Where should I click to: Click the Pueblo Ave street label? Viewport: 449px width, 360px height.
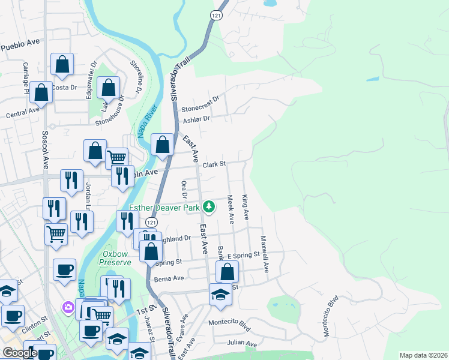(20, 44)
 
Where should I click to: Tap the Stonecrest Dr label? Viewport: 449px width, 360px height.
(201, 101)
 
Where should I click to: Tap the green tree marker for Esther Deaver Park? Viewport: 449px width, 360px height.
(208, 207)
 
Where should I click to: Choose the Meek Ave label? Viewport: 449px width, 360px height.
(231, 209)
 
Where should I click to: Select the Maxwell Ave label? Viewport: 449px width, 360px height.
(264, 253)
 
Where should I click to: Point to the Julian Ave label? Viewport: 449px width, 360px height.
(242, 344)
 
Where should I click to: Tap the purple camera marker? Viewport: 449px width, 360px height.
(68, 308)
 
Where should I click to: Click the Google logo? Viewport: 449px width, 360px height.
(19, 353)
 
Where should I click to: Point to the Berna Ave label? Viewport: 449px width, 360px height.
(169, 278)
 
